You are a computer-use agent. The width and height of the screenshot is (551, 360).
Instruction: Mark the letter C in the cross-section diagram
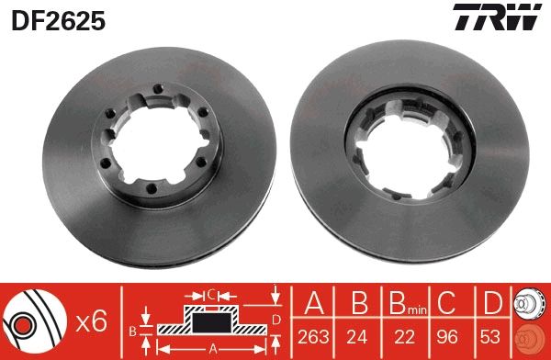coord(211,296)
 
